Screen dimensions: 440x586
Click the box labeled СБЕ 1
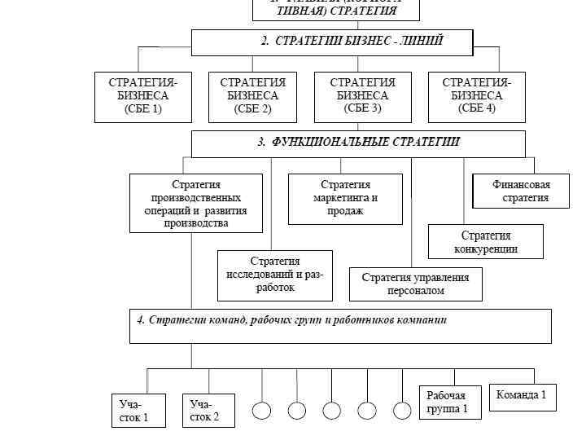142,97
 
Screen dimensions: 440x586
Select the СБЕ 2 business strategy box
252,97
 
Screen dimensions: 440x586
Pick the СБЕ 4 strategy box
476,97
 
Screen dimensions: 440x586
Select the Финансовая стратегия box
521,191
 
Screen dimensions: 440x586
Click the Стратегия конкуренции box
485,242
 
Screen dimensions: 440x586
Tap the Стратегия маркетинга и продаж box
345,198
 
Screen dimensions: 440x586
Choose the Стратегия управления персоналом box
415,284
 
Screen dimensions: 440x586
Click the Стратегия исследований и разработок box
275,275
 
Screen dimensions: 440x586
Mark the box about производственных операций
196,203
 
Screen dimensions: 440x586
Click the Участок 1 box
138,410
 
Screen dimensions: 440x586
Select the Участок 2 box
208,410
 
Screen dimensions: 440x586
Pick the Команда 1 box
522,396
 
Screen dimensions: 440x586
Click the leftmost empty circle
261,411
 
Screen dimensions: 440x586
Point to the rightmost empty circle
403,411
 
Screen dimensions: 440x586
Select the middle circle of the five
332,411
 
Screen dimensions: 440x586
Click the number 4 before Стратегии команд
141,320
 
